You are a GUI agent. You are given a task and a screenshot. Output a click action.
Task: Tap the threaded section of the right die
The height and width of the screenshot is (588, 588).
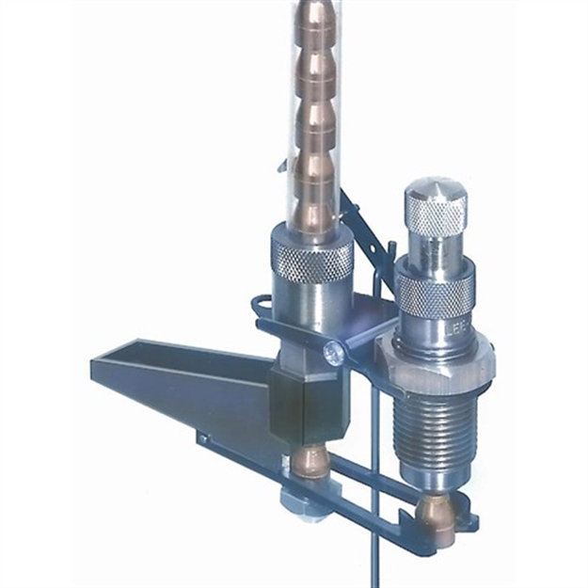(437, 434)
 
